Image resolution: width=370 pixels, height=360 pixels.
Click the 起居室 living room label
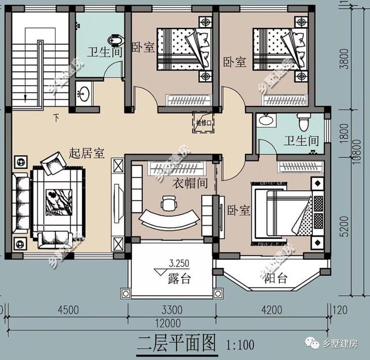[x=86, y=153]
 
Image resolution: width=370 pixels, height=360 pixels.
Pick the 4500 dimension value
[x=68, y=310]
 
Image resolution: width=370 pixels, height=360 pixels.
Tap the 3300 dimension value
[x=172, y=310]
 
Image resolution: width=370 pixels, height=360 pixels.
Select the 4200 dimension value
[x=272, y=310]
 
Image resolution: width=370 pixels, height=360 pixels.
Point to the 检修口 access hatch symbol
[x=203, y=123]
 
